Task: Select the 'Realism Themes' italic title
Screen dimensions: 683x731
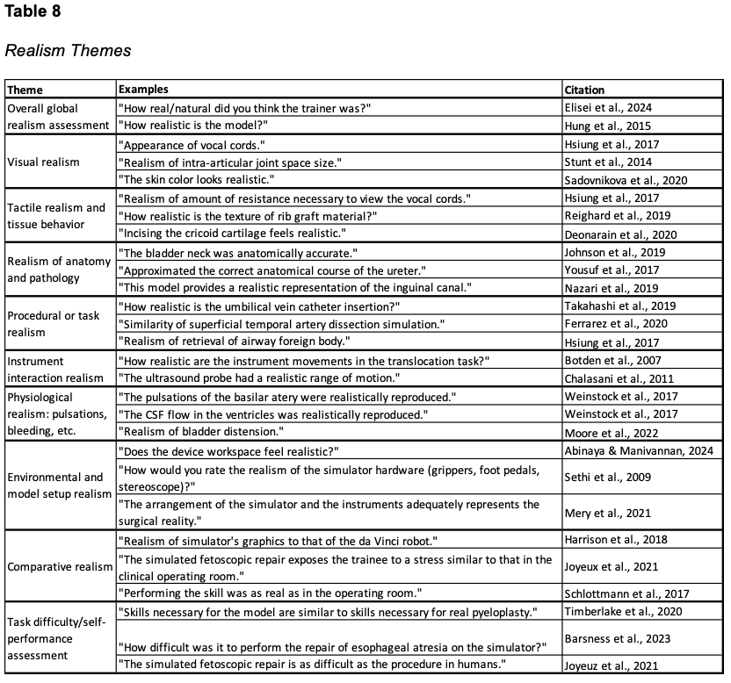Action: (68, 51)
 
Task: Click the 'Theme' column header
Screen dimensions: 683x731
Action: (25, 90)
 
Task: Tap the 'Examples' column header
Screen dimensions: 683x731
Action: (143, 90)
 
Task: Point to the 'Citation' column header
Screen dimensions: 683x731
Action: (585, 90)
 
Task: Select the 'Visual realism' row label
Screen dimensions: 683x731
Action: (43, 162)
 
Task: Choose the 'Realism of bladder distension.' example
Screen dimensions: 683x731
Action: (200, 431)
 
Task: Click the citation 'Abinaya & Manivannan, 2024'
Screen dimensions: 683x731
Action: (639, 451)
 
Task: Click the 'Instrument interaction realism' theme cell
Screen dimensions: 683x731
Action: (50, 369)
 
